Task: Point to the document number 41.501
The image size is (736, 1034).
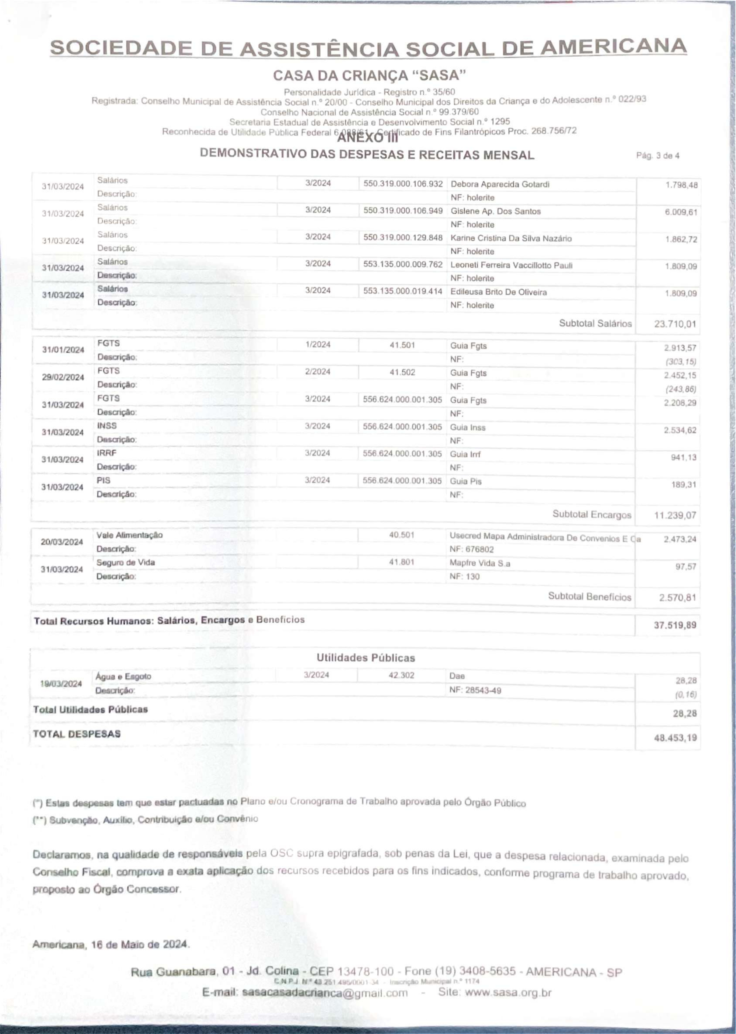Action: pyautogui.click(x=402, y=345)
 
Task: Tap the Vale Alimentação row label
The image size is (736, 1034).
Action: pyautogui.click(x=129, y=535)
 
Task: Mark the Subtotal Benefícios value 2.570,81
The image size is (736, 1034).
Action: pyautogui.click(x=677, y=598)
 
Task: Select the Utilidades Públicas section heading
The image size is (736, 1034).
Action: pyautogui.click(x=365, y=658)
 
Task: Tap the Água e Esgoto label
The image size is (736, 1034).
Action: pyautogui.click(x=123, y=676)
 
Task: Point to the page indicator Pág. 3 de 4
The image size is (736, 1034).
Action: pyautogui.click(x=658, y=156)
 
